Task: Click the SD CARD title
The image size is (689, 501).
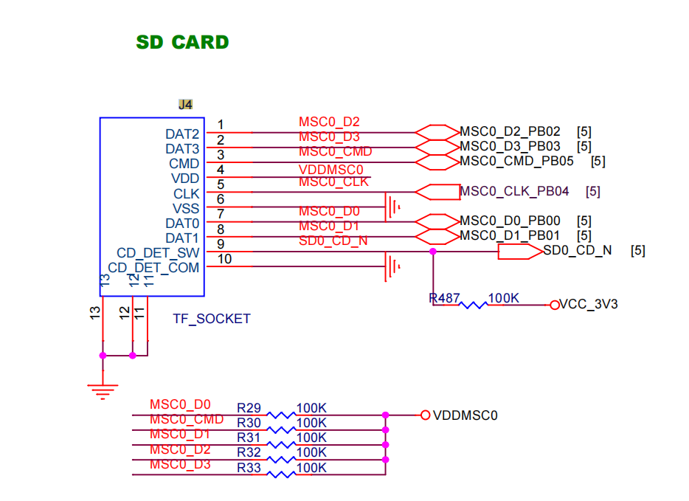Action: [x=182, y=42]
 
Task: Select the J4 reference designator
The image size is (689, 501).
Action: [x=185, y=105]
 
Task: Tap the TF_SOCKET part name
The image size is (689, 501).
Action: [x=212, y=319]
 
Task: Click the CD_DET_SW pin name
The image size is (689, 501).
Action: [x=158, y=252]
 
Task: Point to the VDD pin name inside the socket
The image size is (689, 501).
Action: [x=185, y=179]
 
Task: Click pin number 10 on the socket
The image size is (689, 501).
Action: [x=224, y=259]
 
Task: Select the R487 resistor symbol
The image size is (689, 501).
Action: [x=474, y=305]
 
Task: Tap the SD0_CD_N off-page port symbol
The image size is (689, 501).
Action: [x=520, y=252]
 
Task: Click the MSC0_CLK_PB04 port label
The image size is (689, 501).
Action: [x=514, y=191]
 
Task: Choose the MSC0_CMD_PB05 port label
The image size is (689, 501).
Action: [x=516, y=162]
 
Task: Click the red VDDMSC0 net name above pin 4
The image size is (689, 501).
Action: [x=331, y=170]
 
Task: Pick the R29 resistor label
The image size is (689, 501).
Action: [x=249, y=408]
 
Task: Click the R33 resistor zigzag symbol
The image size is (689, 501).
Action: [x=281, y=474]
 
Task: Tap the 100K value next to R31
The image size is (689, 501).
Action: [x=311, y=438]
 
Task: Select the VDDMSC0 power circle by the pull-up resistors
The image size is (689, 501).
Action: [x=425, y=415]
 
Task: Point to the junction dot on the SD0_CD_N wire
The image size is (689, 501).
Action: [x=433, y=252]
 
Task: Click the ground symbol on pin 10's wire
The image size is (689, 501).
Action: [x=392, y=266]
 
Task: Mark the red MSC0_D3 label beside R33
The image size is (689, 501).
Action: [x=180, y=465]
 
